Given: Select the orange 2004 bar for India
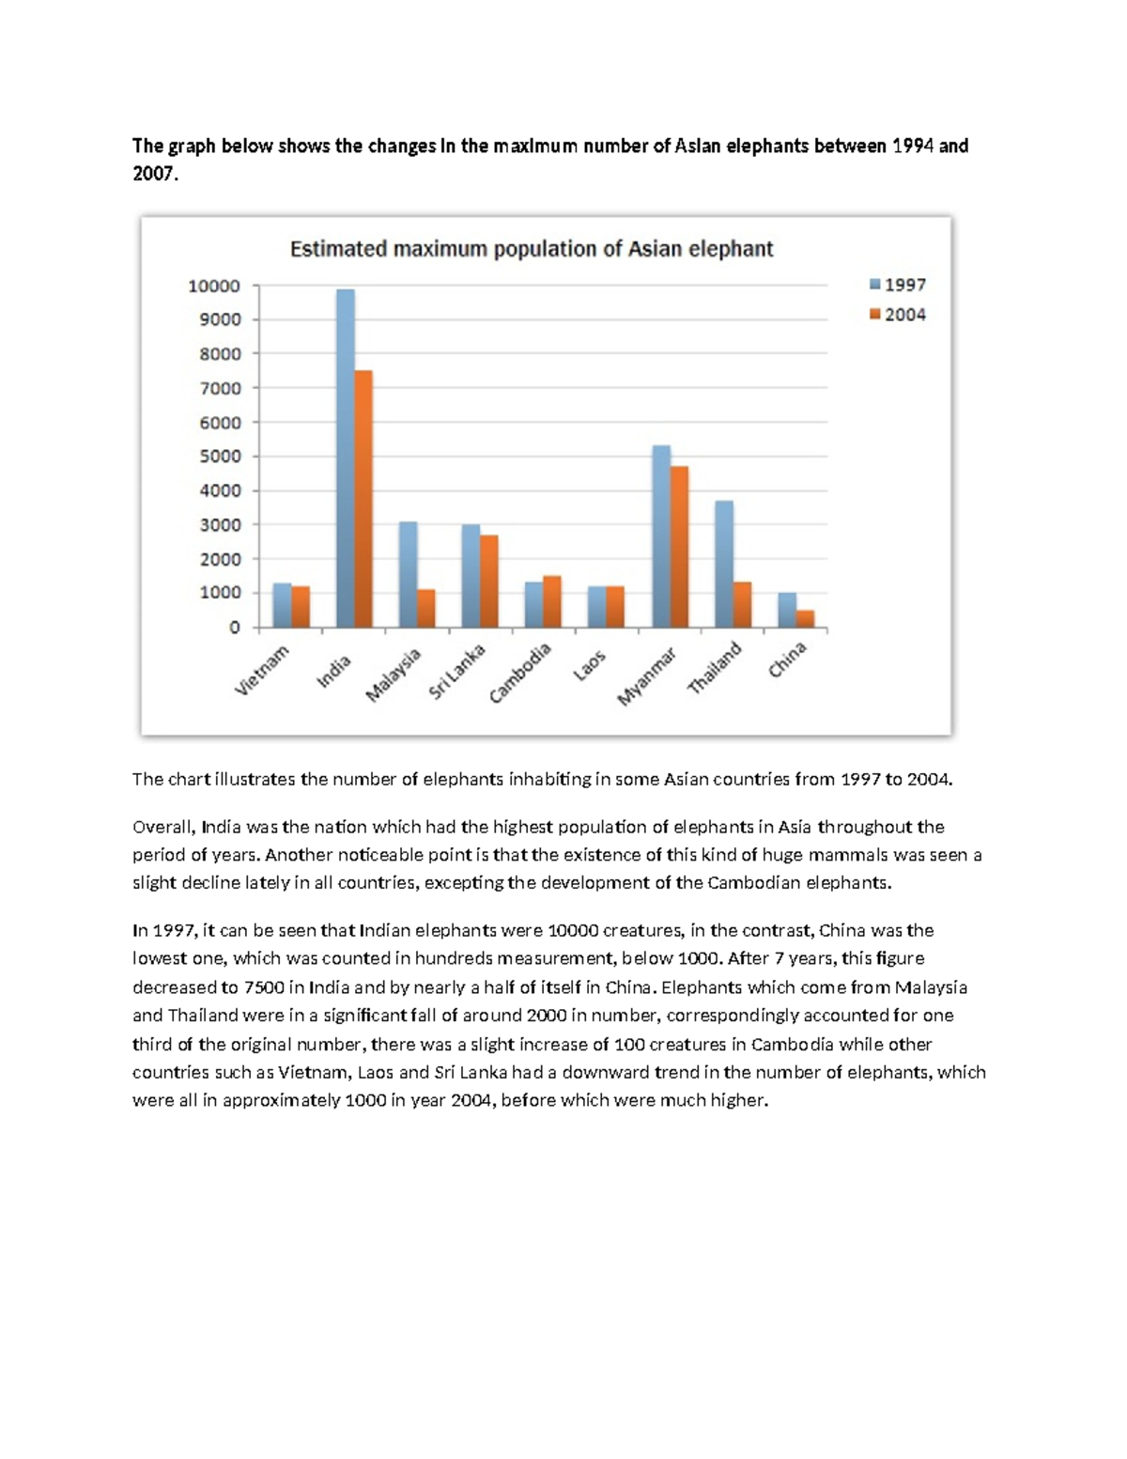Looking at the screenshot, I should click(363, 499).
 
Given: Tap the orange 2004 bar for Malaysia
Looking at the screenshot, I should click(426, 608).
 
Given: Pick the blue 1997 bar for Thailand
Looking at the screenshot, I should click(724, 564).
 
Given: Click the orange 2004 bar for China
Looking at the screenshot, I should click(805, 618).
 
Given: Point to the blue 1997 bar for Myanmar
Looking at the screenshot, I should click(661, 536).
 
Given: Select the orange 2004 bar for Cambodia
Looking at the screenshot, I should click(552, 601).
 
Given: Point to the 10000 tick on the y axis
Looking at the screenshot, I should click(214, 286).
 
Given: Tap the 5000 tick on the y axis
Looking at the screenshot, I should click(219, 457).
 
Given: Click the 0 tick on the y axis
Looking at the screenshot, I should click(235, 628).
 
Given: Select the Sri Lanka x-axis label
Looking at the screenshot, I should click(457, 672).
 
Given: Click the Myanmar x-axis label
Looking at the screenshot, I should click(647, 676).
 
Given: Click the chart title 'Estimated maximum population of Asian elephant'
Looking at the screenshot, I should click(532, 249).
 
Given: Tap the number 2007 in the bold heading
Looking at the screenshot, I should click(153, 174).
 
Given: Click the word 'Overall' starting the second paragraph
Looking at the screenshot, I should click(162, 828).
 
